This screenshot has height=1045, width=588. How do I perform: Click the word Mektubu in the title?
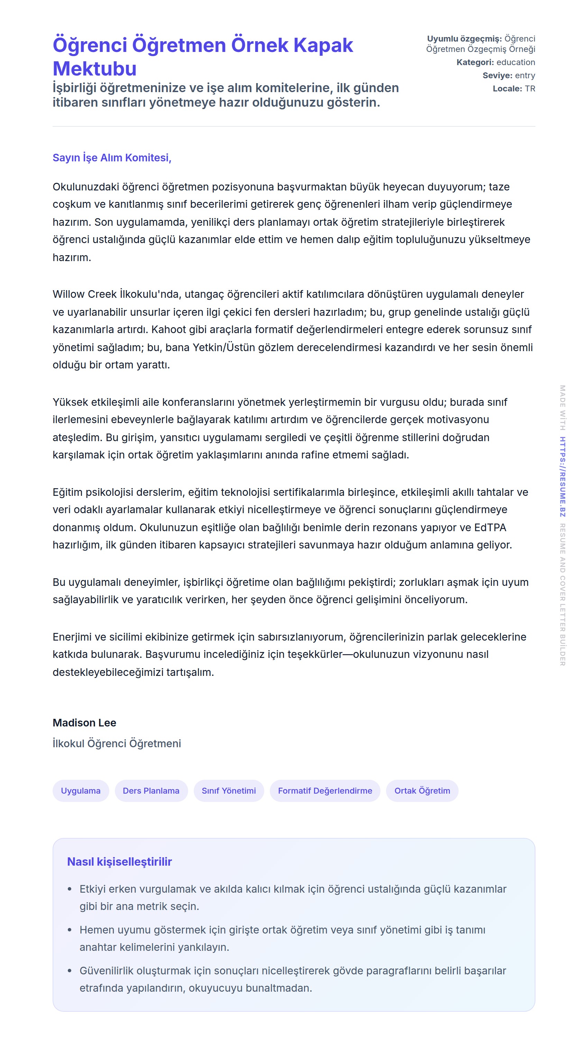coord(94,69)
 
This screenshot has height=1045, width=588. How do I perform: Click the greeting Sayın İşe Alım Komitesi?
coord(112,158)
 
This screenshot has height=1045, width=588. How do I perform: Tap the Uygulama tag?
coord(81,791)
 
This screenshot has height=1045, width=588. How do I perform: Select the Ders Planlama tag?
coord(151,791)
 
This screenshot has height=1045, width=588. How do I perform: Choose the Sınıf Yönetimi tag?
coord(229,791)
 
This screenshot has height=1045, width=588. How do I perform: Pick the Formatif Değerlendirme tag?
coord(325,791)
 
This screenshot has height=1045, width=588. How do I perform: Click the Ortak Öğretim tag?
coord(422,791)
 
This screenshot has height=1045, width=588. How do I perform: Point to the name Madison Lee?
coord(84,723)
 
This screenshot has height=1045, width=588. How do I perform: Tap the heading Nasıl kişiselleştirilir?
coord(120,861)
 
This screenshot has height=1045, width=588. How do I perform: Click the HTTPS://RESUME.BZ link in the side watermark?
coord(562,477)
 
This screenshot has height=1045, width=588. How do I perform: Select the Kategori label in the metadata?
coord(475,62)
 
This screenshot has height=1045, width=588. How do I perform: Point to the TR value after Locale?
coord(530,88)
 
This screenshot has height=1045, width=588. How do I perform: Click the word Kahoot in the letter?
coord(165,329)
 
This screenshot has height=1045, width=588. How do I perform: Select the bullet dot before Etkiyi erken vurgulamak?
coord(70,889)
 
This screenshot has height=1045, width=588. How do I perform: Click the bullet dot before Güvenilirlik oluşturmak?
coord(70,971)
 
